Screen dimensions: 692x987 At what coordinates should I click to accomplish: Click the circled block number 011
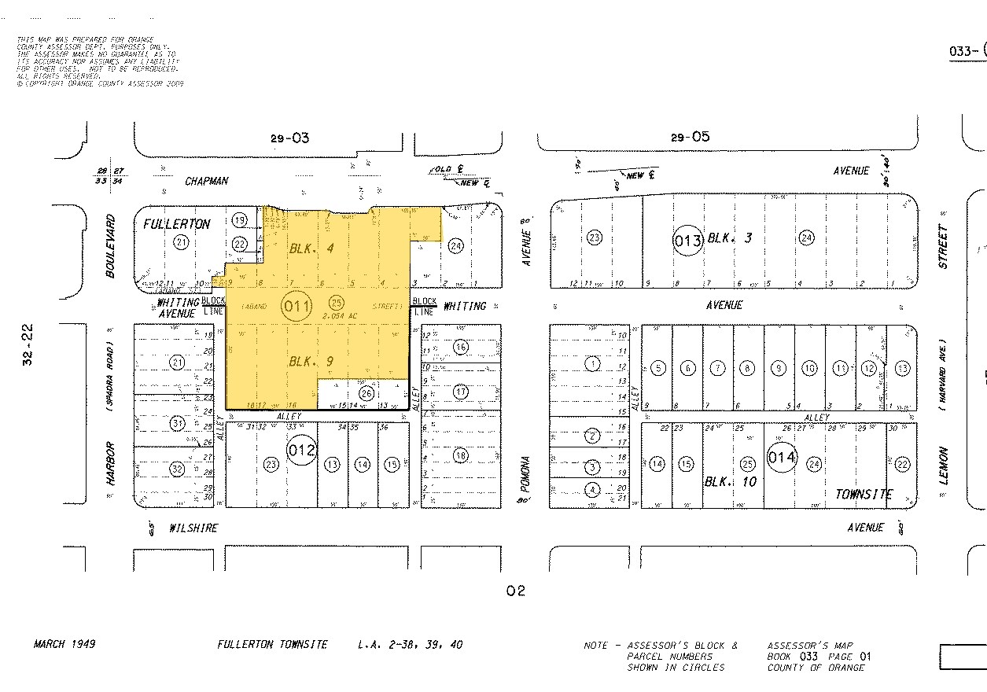point(296,306)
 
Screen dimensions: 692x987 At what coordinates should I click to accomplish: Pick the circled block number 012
point(301,451)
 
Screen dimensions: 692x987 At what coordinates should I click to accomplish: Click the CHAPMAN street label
point(207,181)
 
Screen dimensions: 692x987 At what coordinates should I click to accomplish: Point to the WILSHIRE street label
point(193,528)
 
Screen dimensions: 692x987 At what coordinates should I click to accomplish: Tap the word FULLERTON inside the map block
point(176,224)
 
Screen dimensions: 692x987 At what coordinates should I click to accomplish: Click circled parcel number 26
point(366,393)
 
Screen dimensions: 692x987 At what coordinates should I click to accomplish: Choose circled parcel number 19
point(240,219)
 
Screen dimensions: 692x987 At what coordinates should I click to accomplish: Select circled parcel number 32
point(177,469)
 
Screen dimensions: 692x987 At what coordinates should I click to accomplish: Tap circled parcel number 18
point(461,455)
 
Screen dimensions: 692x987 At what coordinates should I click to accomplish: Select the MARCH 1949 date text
point(64,644)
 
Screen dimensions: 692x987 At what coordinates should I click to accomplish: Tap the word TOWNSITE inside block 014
point(864,495)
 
